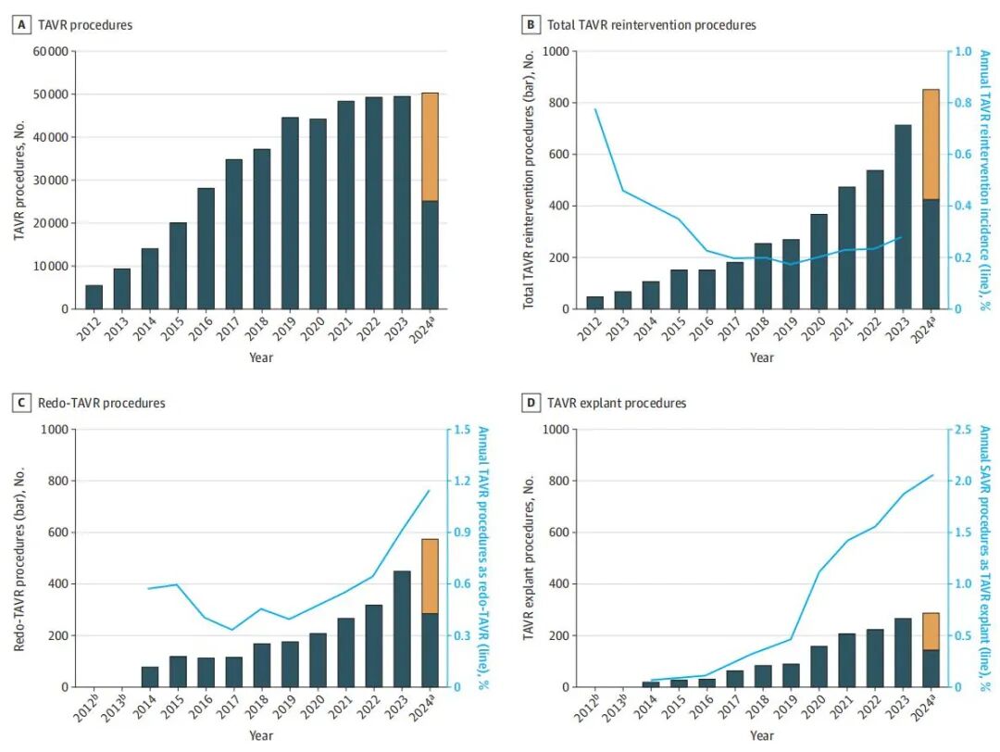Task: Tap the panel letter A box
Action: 19,25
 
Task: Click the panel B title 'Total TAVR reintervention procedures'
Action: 651,25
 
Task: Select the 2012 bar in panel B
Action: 594,303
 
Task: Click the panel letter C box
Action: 19,403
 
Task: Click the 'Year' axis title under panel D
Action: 762,735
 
